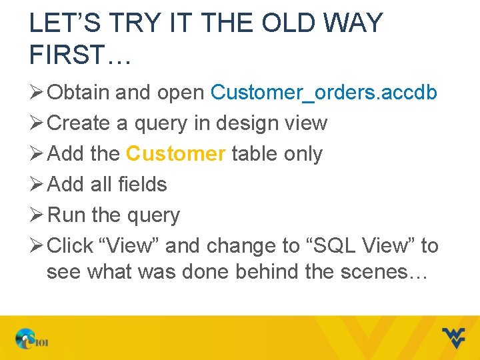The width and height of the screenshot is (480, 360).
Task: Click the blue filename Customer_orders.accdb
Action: click(x=323, y=93)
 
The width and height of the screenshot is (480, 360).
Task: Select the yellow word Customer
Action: click(x=176, y=154)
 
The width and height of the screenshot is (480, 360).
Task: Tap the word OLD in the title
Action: click(x=293, y=24)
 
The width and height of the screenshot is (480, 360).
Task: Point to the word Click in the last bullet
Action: click(x=71, y=246)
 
